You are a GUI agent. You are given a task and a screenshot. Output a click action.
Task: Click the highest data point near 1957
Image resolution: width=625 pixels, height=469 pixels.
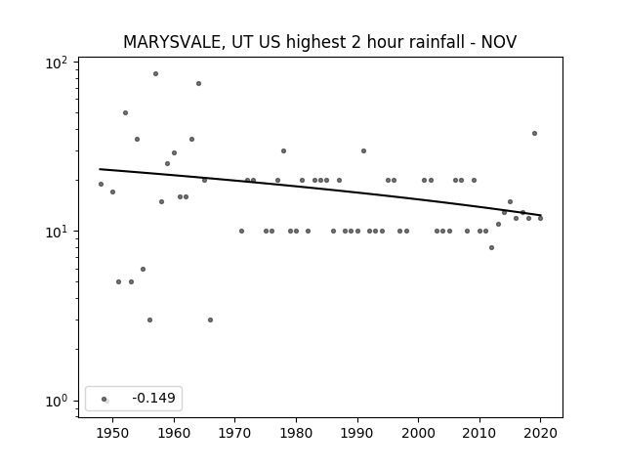tap(155, 74)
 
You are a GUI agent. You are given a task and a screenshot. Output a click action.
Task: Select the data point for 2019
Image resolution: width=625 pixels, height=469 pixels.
tap(534, 133)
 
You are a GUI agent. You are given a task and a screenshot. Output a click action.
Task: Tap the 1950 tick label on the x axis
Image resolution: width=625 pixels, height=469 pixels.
tap(113, 433)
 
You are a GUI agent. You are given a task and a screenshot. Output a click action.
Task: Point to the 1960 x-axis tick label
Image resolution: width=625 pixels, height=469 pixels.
tap(174, 433)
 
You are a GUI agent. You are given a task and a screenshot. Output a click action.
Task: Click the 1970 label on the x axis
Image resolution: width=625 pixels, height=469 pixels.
tap(235, 433)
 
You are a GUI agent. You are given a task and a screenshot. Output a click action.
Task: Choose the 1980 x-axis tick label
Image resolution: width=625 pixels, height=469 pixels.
tap(296, 433)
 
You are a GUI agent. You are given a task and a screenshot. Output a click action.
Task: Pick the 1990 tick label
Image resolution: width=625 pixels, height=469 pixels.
tap(357, 433)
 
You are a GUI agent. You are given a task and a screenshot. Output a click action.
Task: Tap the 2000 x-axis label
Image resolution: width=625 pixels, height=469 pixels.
tap(419, 433)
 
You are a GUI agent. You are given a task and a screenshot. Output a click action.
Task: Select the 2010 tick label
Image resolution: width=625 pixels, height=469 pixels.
tap(479, 433)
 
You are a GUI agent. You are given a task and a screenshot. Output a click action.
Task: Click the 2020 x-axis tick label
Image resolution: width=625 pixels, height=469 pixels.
tap(540, 433)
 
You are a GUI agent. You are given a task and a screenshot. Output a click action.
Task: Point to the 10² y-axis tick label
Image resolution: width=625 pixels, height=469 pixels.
tap(57, 64)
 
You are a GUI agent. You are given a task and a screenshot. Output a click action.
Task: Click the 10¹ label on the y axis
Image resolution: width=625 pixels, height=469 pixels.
tap(57, 233)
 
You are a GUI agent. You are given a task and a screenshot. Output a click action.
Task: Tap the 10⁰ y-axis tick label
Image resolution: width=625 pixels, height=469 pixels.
tap(57, 402)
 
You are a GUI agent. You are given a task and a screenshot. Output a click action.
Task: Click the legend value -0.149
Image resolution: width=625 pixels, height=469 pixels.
tap(154, 398)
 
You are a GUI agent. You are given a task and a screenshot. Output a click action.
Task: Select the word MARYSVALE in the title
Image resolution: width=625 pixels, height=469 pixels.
tap(172, 42)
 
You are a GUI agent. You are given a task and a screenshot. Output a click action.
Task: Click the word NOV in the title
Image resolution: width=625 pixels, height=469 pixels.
tap(499, 42)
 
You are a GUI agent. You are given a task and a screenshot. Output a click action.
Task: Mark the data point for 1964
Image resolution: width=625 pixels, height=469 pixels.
tap(198, 83)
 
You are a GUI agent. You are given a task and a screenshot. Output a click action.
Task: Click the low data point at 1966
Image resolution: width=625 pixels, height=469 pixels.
tap(211, 320)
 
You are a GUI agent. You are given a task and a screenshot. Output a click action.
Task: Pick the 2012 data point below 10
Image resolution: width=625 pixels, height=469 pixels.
tap(491, 247)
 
